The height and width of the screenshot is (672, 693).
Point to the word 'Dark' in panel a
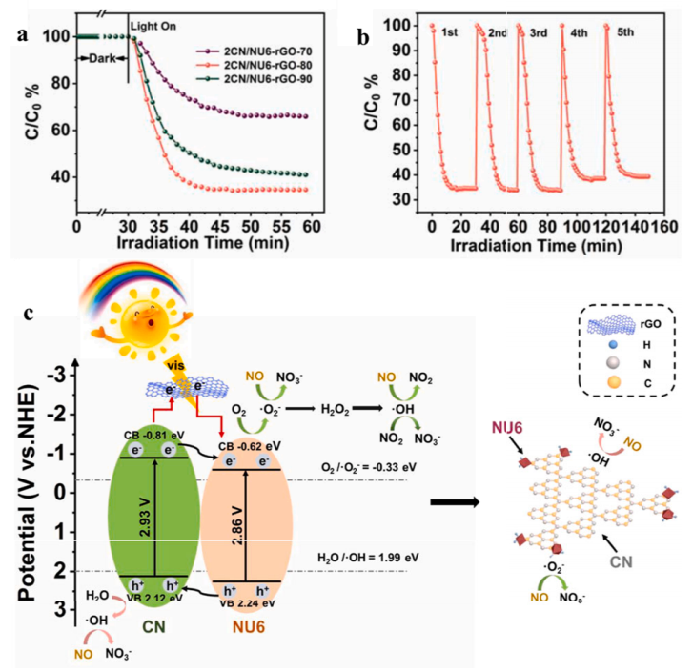(97, 58)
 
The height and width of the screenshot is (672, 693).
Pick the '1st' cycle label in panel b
(452, 33)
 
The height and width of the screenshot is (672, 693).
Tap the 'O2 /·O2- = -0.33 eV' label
(375, 466)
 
